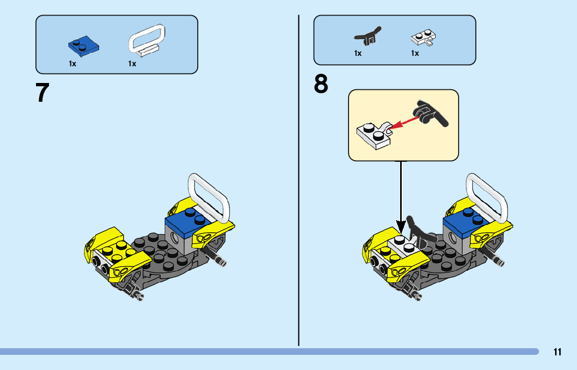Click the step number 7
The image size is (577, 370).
click(43, 93)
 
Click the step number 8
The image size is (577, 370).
click(321, 85)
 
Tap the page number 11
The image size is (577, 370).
click(558, 352)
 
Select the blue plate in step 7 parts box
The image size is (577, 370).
click(83, 45)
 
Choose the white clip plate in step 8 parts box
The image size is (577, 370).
click(423, 38)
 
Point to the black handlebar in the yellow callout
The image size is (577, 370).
click(430, 113)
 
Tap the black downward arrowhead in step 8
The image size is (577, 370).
click(401, 226)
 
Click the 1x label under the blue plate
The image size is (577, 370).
click(73, 64)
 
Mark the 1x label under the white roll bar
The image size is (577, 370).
click(133, 64)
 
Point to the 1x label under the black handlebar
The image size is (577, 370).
click(358, 53)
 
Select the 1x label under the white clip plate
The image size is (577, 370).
click(415, 53)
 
